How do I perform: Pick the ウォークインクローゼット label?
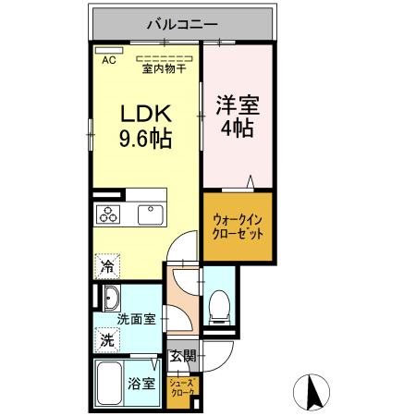(238, 226)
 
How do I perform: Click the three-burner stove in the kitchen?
(107, 215)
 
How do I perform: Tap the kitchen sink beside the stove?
(149, 214)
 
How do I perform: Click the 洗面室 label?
(136, 319)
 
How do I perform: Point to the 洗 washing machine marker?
(106, 339)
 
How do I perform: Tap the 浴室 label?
(141, 384)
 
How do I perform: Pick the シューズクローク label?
(181, 385)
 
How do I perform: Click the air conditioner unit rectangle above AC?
(109, 49)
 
